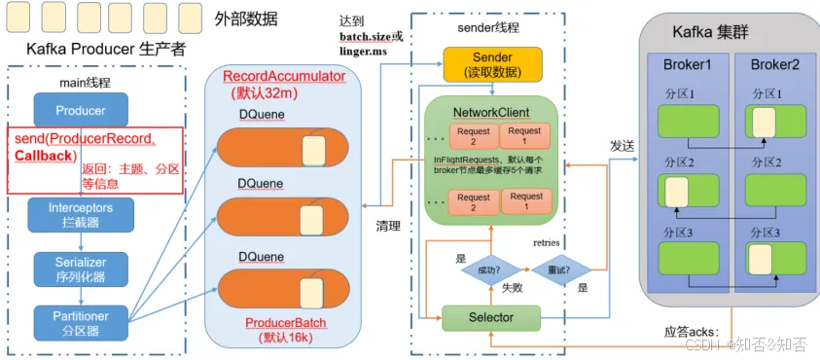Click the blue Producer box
[81, 110]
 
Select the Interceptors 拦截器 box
[81, 213]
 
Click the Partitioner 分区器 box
[81, 320]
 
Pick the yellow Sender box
[491, 64]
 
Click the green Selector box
[491, 317]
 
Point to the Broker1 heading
[688, 65]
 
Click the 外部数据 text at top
[245, 18]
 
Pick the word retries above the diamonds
[549, 241]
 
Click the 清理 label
[390, 226]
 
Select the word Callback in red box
[45, 156]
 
